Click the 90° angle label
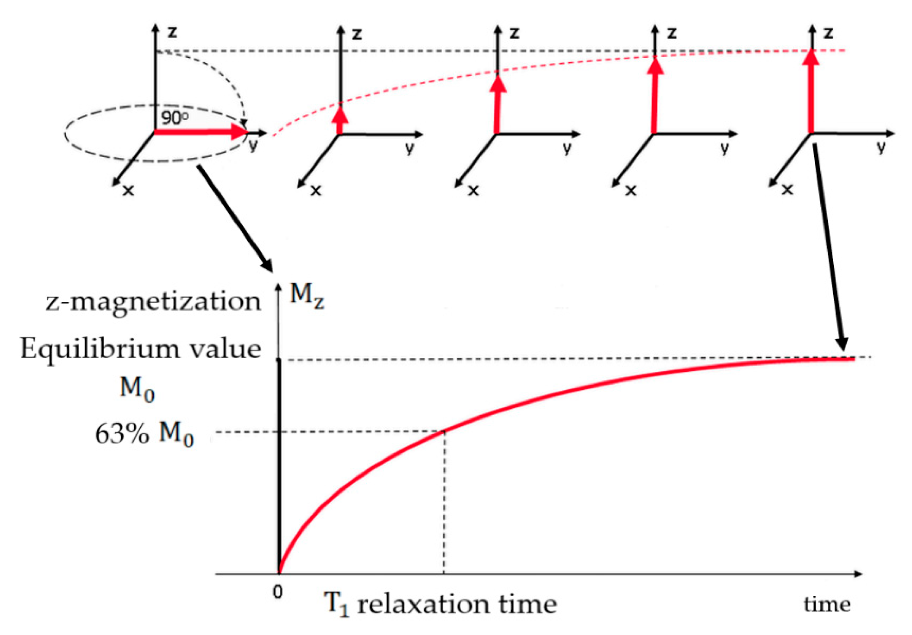pyautogui.click(x=175, y=118)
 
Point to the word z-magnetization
pyautogui.click(x=153, y=302)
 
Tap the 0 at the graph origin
pyautogui.click(x=278, y=592)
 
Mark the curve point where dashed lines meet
pyautogui.click(x=445, y=431)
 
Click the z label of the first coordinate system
pyautogui.click(x=172, y=32)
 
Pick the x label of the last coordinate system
pyautogui.click(x=787, y=190)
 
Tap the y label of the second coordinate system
pyautogui.click(x=410, y=148)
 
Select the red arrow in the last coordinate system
pyautogui.click(x=811, y=91)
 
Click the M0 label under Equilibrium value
pyautogui.click(x=137, y=389)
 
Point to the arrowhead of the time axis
pyautogui.click(x=858, y=574)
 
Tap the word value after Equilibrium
pyautogui.click(x=225, y=349)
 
